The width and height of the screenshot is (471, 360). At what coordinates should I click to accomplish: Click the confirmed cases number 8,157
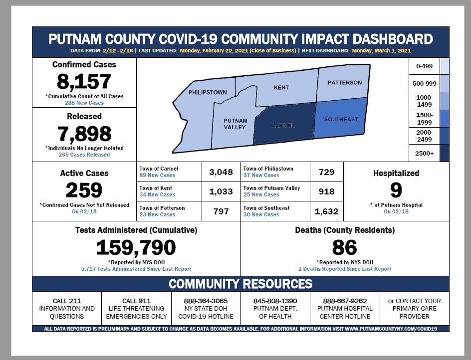[84, 81]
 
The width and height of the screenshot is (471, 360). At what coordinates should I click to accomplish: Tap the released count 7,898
[84, 133]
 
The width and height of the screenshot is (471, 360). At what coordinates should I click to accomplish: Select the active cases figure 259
[84, 190]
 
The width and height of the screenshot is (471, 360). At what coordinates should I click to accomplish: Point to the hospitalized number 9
[396, 190]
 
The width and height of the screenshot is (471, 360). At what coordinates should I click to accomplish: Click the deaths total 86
[344, 247]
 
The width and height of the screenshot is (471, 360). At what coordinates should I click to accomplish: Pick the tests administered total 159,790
[136, 247]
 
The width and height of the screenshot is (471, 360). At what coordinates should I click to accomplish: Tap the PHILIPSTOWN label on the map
[208, 92]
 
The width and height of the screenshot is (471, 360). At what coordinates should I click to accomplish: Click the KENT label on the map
[281, 88]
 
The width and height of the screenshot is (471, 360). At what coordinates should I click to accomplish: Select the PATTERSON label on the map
[345, 83]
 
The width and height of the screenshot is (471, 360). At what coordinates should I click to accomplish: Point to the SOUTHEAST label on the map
[341, 120]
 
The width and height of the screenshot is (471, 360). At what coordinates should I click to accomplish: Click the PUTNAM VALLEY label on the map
[235, 124]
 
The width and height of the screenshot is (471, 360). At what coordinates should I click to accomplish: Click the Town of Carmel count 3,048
[221, 172]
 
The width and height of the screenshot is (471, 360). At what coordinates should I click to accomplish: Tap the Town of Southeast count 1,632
[326, 211]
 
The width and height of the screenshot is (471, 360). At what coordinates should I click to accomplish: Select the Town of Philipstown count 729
[326, 172]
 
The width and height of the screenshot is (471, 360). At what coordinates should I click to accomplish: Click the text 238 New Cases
[84, 103]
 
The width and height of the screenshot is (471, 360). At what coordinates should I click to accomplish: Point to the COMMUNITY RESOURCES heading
[240, 284]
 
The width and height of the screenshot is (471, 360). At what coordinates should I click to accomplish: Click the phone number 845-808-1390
[275, 301]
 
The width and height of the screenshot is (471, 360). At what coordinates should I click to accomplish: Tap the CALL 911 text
[136, 301]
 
